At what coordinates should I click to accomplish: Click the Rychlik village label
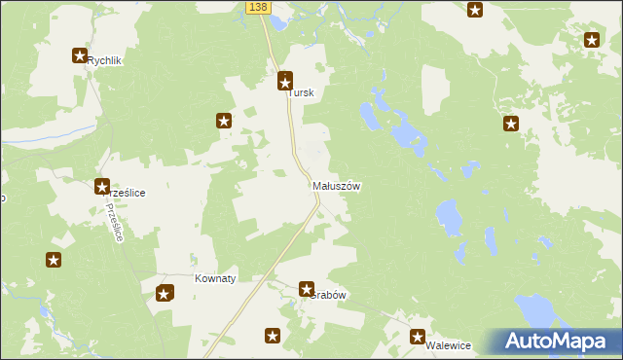tap(103, 60)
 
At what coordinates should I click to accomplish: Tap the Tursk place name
tap(302, 93)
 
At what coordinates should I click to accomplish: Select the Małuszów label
tap(337, 186)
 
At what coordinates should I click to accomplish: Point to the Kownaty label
tap(216, 278)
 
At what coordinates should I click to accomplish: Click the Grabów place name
tap(329, 295)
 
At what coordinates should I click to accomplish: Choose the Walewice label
tap(449, 345)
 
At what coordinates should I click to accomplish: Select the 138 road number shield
tap(257, 7)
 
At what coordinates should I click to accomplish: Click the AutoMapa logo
tap(557, 342)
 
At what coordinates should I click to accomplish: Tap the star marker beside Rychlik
tap(80, 56)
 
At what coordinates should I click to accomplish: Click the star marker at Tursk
tap(285, 81)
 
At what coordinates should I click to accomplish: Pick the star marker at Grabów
tap(307, 289)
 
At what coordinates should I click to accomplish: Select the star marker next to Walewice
tap(418, 338)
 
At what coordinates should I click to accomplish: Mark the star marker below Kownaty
tap(165, 292)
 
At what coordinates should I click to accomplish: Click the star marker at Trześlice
tap(101, 186)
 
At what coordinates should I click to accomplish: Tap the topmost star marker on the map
tap(475, 11)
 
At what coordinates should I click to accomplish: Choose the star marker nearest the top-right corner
tap(592, 40)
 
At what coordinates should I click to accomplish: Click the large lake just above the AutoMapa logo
tap(535, 311)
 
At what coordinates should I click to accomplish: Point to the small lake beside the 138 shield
tap(278, 20)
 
